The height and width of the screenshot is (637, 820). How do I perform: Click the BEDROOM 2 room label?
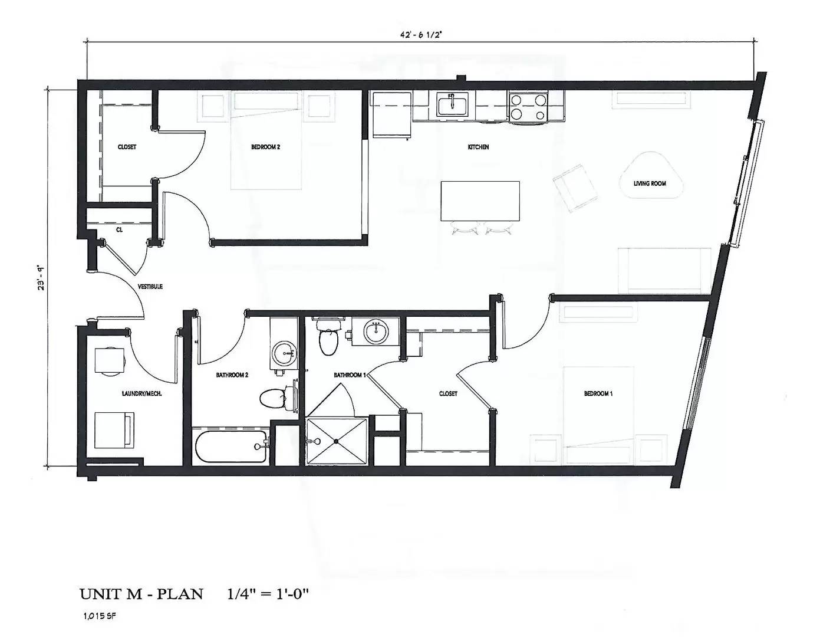point(265,147)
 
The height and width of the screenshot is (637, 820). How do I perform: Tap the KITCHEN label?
point(478,147)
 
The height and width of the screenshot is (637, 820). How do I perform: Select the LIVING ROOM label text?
point(650,183)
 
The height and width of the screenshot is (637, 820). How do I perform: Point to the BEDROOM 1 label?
point(598,393)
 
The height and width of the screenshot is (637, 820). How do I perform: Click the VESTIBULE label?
point(150,287)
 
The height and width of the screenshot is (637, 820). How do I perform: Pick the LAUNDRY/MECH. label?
point(142,393)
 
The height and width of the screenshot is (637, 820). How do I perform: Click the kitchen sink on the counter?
point(452,105)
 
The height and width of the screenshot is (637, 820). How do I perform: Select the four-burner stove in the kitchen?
point(528,107)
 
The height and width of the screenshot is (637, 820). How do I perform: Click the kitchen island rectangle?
point(480,201)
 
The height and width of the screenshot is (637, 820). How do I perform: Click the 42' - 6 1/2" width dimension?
point(420,34)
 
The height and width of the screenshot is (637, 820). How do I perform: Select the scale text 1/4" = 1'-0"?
point(268,594)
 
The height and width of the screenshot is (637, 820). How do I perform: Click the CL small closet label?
point(119,229)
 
